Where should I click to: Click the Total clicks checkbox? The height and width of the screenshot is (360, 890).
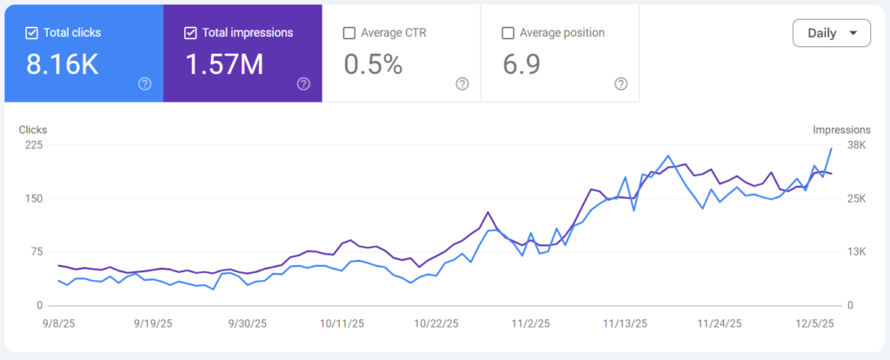click(x=32, y=33)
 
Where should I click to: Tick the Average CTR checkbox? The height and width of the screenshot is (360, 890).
click(x=349, y=33)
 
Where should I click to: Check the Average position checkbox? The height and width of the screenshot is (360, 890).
click(x=508, y=33)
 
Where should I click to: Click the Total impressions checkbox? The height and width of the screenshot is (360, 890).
click(x=191, y=33)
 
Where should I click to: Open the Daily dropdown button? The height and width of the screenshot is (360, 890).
click(x=831, y=33)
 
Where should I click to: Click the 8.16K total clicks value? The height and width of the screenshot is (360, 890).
click(x=63, y=63)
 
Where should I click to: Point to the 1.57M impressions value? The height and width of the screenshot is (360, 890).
click(x=224, y=63)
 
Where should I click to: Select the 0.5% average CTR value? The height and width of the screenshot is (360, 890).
click(x=373, y=63)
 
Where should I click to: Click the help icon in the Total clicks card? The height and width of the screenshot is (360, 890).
click(x=145, y=83)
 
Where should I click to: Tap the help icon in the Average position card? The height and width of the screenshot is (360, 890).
click(x=621, y=83)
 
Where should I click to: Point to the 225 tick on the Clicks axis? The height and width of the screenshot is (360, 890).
click(x=34, y=145)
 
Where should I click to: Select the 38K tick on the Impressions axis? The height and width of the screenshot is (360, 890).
click(x=857, y=145)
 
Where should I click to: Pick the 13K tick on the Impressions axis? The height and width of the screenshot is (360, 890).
click(x=857, y=252)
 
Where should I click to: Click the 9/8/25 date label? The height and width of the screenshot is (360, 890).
click(x=58, y=323)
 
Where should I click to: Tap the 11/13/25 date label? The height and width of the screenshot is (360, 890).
click(x=625, y=323)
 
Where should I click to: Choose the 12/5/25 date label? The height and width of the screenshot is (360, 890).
click(x=814, y=323)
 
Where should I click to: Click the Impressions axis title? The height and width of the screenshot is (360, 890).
click(x=841, y=130)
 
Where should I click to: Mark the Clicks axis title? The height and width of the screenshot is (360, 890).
click(x=33, y=130)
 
